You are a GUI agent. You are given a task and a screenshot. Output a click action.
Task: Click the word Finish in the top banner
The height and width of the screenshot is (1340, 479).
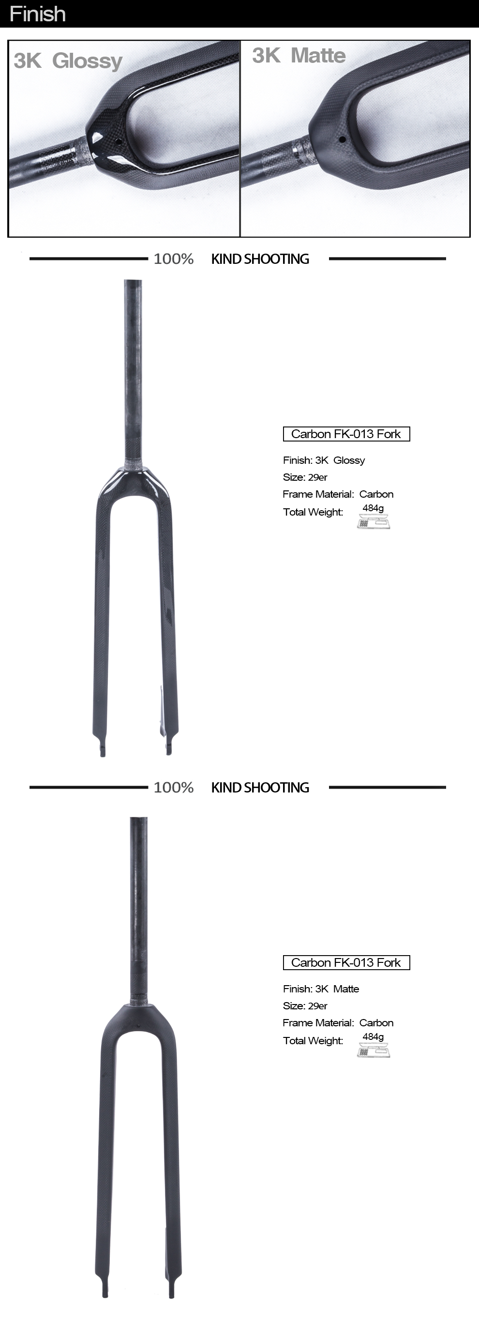(x=37, y=14)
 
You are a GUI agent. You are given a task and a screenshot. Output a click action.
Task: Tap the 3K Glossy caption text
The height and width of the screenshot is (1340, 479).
(x=68, y=61)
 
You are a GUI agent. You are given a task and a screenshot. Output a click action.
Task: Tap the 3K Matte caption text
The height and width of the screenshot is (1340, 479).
(x=299, y=56)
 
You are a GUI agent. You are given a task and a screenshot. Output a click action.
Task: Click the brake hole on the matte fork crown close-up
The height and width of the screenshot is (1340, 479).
(x=342, y=139)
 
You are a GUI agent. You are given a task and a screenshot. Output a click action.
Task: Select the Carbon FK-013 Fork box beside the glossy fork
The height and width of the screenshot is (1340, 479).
(x=346, y=434)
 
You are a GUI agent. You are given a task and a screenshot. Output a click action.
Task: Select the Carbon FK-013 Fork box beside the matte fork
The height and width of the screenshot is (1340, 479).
(x=346, y=962)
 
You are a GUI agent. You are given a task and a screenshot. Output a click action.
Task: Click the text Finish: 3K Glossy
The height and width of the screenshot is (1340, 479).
(x=324, y=460)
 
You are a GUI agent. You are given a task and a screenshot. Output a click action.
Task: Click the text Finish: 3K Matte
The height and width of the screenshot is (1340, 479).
(x=321, y=989)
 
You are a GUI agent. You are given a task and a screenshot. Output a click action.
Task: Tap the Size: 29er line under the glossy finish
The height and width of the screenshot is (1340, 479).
(x=305, y=477)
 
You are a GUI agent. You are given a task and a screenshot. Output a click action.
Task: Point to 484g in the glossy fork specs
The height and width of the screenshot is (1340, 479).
(x=373, y=508)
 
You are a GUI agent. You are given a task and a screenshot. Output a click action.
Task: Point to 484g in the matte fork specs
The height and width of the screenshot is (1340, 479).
(x=373, y=1037)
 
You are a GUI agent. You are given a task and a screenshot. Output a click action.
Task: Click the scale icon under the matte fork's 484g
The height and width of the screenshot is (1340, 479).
(x=374, y=1051)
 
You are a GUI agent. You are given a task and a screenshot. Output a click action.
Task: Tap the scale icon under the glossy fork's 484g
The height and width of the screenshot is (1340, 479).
(x=374, y=522)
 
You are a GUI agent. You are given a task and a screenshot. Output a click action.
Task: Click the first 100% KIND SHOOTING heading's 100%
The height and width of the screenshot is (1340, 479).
(x=173, y=259)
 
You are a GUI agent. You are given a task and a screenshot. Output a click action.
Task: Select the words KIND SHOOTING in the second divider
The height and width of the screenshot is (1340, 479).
(x=260, y=788)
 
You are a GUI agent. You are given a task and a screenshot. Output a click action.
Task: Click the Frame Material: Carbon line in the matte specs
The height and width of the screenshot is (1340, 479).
(x=338, y=1023)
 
